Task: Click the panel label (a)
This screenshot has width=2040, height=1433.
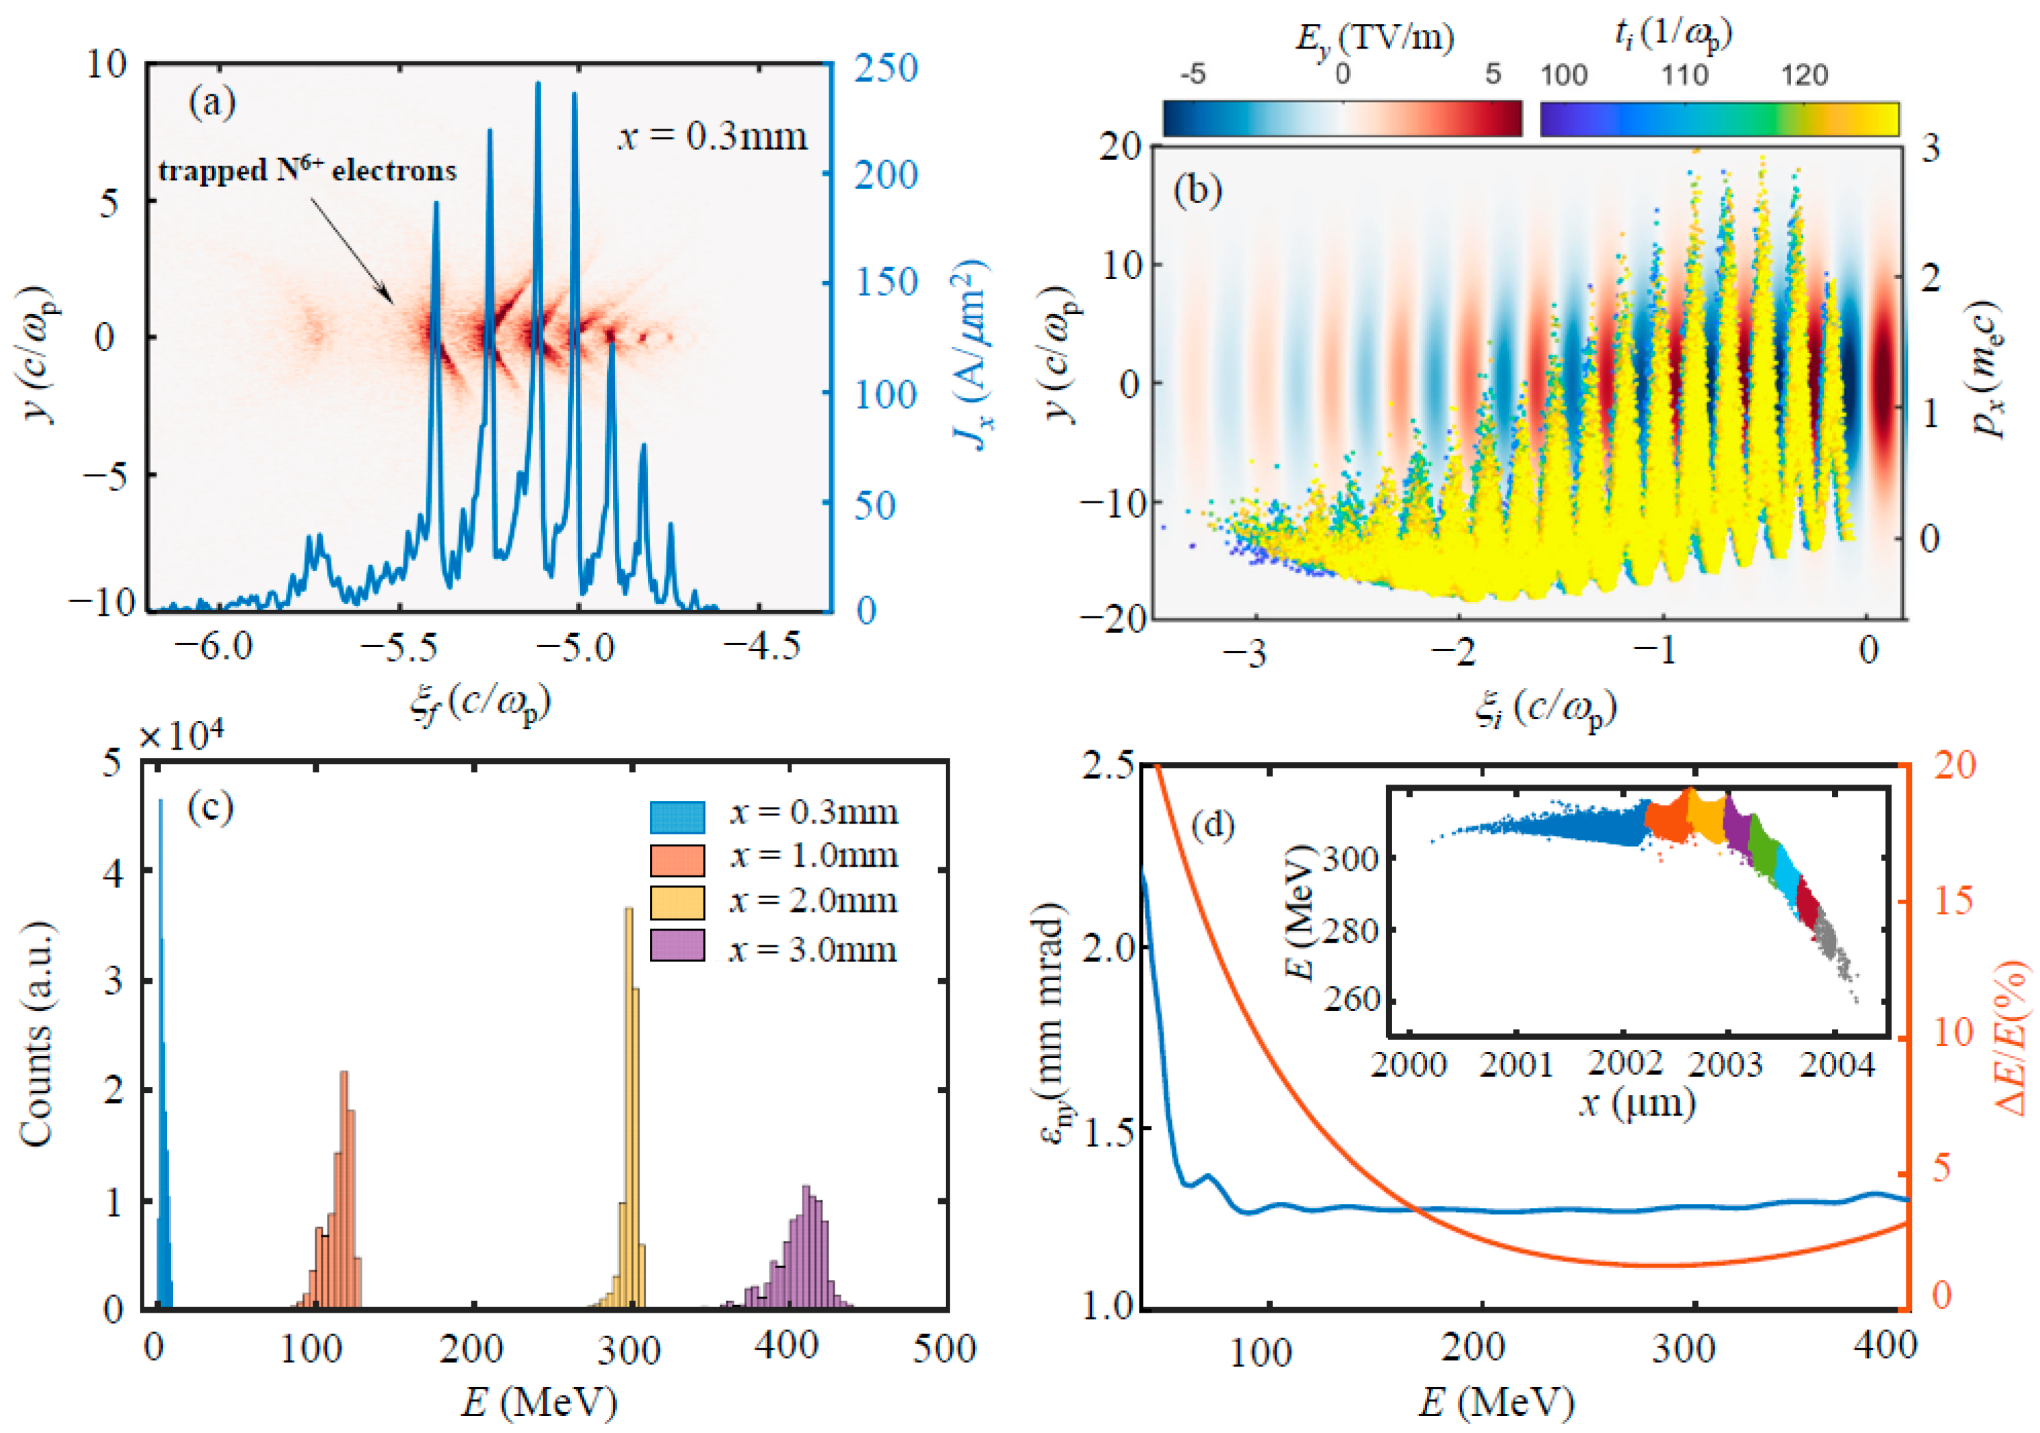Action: click(211, 104)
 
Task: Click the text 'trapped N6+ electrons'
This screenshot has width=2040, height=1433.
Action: click(307, 170)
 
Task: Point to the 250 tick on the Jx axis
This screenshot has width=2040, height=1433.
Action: click(885, 69)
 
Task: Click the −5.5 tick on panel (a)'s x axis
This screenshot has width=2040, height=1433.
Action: click(399, 647)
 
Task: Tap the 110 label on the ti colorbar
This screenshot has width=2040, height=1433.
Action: click(1684, 75)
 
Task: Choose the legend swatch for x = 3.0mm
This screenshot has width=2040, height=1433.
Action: click(677, 946)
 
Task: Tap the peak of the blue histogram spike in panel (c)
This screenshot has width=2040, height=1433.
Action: click(160, 802)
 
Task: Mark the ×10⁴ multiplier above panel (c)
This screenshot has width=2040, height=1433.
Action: click(182, 737)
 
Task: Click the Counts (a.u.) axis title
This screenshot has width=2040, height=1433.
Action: click(38, 1035)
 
